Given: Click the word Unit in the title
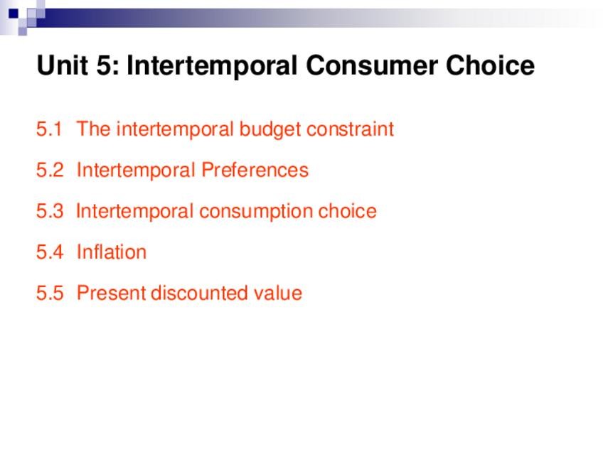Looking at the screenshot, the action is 63,65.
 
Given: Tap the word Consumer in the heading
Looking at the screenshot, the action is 371,65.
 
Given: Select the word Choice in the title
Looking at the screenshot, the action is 491,65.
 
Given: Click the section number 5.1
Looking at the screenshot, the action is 49,129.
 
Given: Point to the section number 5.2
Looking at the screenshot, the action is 50,170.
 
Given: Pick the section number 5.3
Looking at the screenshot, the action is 50,211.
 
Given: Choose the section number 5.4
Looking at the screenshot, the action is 50,252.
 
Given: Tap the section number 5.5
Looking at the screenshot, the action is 50,294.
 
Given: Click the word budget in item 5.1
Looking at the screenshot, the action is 270,130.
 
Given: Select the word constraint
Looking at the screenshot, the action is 351,129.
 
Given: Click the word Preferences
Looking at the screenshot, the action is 255,170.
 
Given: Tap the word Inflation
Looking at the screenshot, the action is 112,252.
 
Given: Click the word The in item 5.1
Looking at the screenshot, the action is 93,129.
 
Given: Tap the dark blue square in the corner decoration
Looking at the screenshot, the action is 14,14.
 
